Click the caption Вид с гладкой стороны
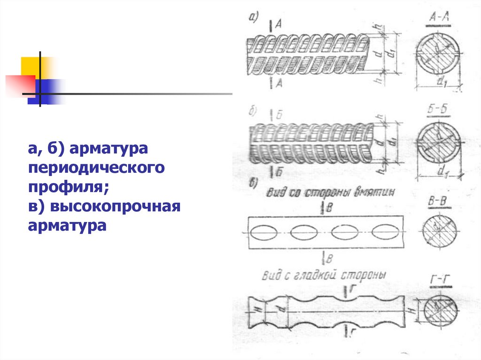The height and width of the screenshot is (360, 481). (324, 276)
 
